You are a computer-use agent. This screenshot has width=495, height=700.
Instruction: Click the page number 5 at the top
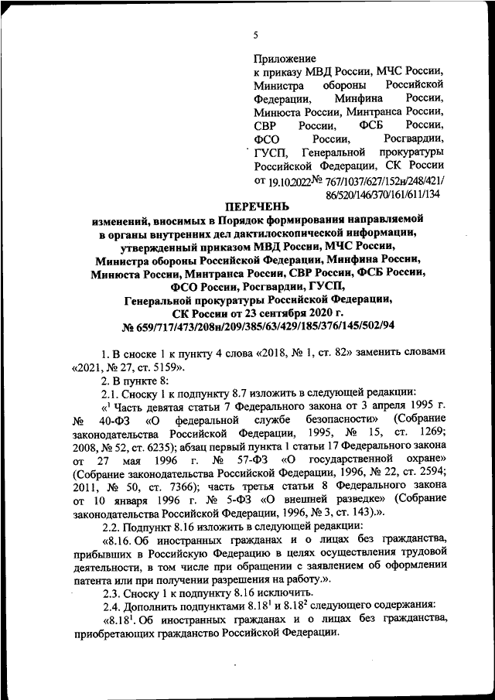click(x=255, y=35)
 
